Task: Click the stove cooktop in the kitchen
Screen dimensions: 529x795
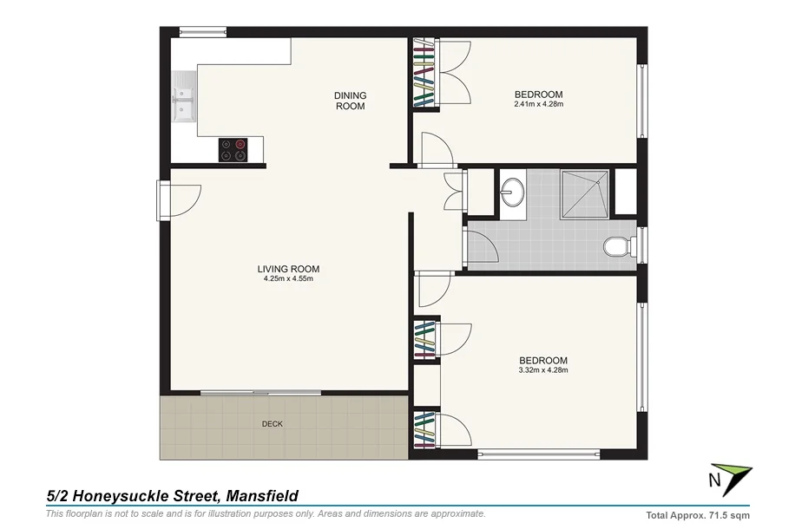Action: pyautogui.click(x=233, y=149)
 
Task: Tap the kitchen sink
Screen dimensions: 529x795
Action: pyautogui.click(x=184, y=99)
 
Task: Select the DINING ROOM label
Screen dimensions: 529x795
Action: pyautogui.click(x=351, y=101)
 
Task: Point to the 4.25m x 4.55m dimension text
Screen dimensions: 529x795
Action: pyautogui.click(x=289, y=278)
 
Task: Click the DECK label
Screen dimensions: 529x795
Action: pyautogui.click(x=273, y=424)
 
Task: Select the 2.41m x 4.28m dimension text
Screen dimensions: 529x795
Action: pyautogui.click(x=538, y=105)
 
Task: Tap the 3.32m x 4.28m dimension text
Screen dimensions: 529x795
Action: pyautogui.click(x=542, y=370)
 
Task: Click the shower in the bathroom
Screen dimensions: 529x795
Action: pyautogui.click(x=585, y=194)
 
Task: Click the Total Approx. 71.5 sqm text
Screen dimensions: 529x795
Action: pyautogui.click(x=698, y=514)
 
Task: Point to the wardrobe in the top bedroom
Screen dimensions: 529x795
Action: pyautogui.click(x=424, y=74)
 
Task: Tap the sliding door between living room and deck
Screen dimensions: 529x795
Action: pyautogui.click(x=259, y=393)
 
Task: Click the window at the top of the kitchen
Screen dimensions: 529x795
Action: pyautogui.click(x=203, y=33)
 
